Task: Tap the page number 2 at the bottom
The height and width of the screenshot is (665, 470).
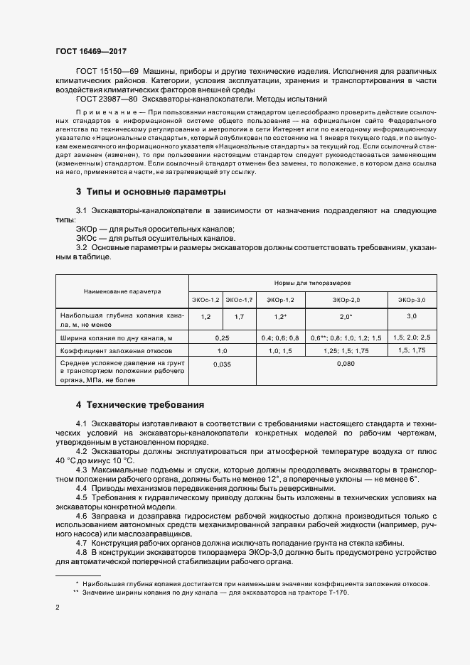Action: coord(58,608)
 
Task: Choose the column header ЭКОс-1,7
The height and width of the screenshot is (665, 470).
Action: coord(240,301)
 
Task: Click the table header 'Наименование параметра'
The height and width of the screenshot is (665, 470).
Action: coord(122,291)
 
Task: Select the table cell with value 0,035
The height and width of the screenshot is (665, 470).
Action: coord(223,364)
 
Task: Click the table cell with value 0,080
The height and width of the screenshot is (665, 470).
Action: coord(346,364)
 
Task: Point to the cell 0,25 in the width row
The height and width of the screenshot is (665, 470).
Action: coord(223,338)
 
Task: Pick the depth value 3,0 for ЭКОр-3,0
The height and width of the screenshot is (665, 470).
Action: coord(412,316)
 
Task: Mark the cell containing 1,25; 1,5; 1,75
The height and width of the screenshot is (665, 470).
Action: coord(346,351)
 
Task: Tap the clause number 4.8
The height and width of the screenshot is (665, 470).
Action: coord(81,552)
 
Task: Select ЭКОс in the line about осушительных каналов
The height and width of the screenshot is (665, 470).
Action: coord(87,239)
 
